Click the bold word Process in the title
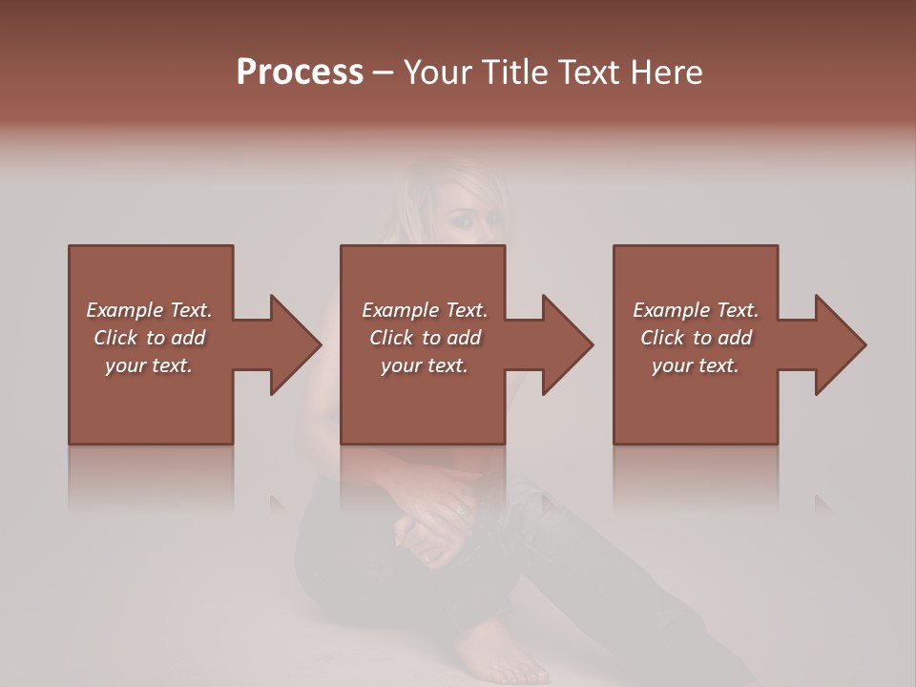pos(300,73)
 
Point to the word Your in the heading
pos(442,73)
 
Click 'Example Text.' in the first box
pos(149,310)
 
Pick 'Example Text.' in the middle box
pos(425,310)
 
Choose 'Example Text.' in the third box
pos(696,310)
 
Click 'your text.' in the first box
pos(149,365)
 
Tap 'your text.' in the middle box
pos(425,365)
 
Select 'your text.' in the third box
pos(696,365)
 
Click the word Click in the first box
pos(115,338)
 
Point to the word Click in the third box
pos(662,338)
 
